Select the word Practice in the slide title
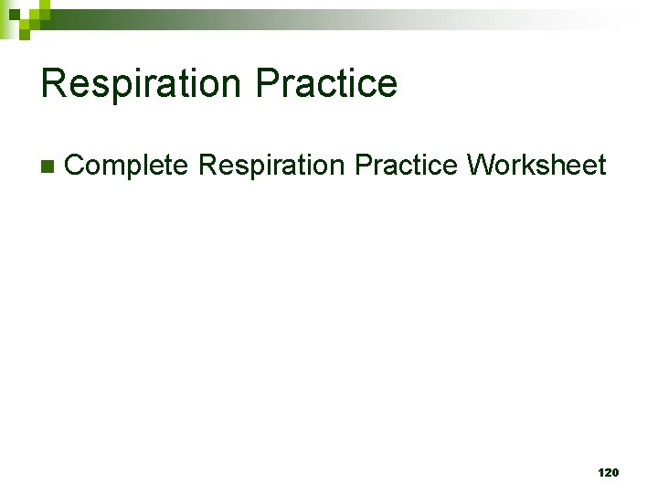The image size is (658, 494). click(x=326, y=83)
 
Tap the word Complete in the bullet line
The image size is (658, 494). click(x=127, y=166)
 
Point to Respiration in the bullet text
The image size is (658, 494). click(x=271, y=166)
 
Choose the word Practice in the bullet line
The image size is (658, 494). click(x=406, y=166)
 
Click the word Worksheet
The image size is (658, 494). click(x=536, y=166)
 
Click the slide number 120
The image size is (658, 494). click(x=608, y=472)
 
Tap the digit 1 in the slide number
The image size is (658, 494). click(x=600, y=472)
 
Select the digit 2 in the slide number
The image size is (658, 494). click(x=608, y=472)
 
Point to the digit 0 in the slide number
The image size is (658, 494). click(x=615, y=472)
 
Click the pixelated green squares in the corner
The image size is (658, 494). click(x=23, y=16)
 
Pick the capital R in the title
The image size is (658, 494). click(x=54, y=83)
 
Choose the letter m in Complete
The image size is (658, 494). click(x=114, y=166)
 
